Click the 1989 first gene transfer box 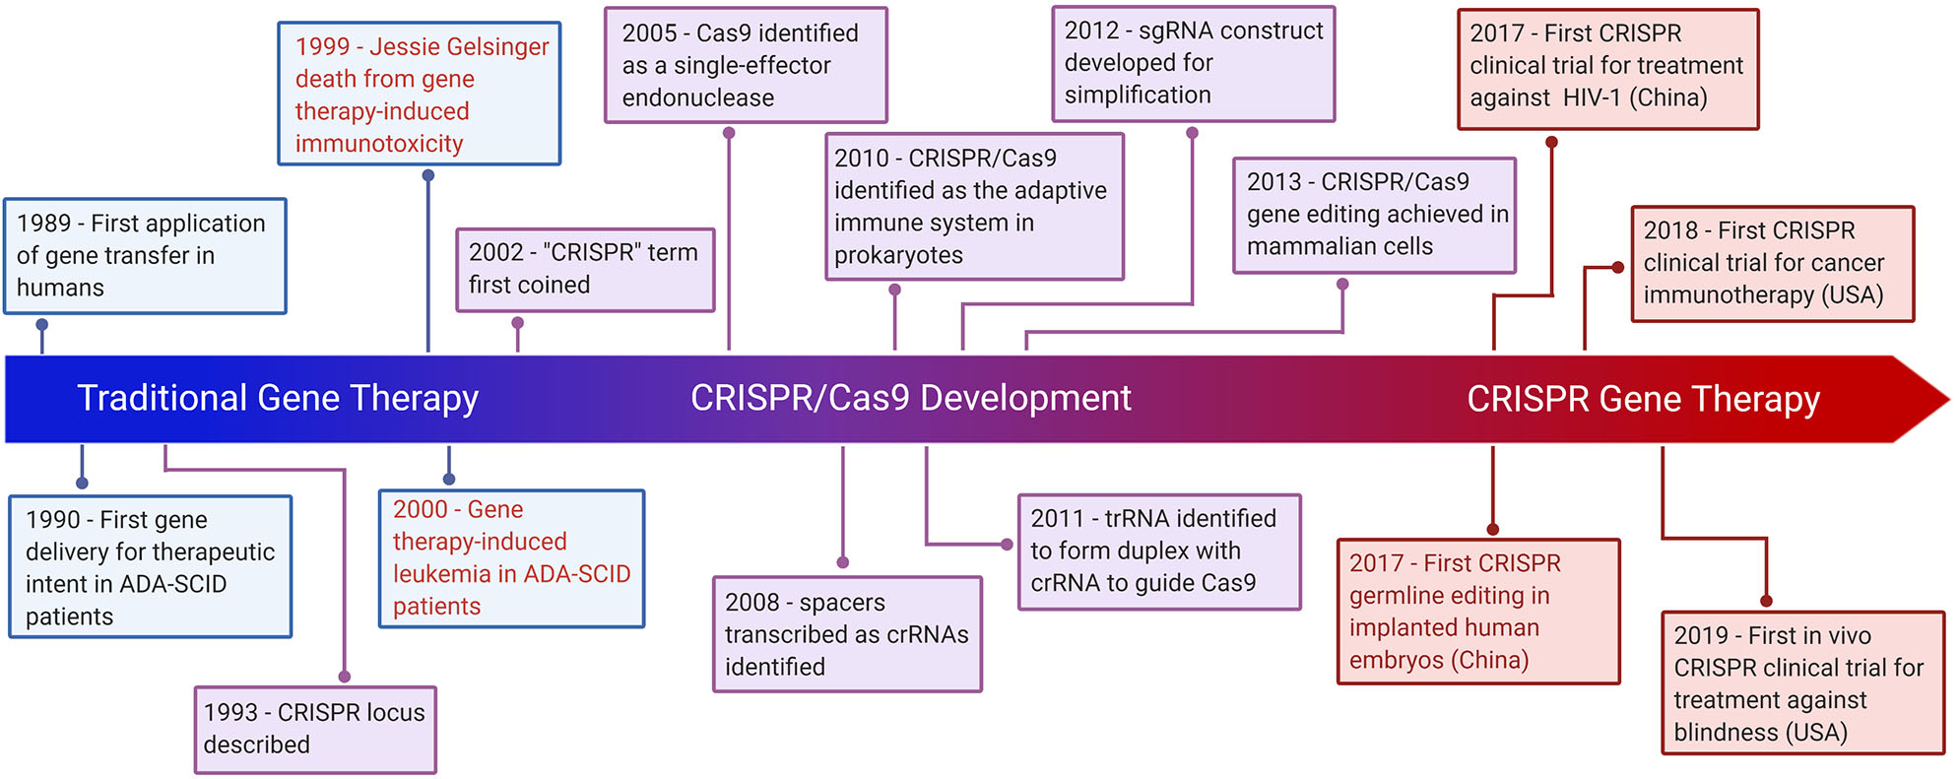tap(145, 256)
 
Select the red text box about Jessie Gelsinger tap(420, 95)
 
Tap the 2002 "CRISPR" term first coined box tap(585, 269)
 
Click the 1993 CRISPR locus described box tap(315, 729)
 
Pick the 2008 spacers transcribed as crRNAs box tap(847, 634)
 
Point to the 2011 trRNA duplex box tap(1158, 552)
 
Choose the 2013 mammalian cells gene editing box tap(1374, 215)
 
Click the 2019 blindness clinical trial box tap(1802, 683)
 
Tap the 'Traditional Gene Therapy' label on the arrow tap(278, 398)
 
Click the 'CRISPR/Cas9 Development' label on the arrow tap(910, 398)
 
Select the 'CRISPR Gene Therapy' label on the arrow tap(1643, 399)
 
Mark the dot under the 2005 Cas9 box tap(729, 133)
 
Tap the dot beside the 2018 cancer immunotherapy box tap(1617, 267)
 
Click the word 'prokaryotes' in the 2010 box tap(898, 256)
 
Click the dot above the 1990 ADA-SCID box tap(82, 483)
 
